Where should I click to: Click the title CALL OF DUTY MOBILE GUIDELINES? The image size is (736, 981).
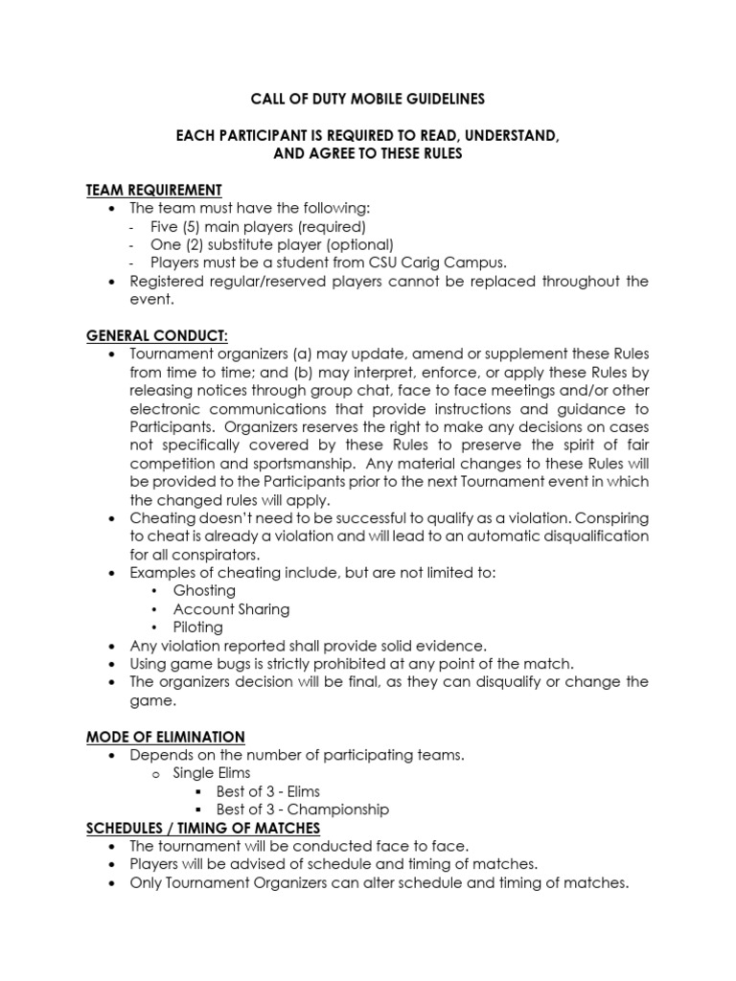coord(369,99)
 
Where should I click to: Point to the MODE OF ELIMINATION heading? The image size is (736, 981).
coord(166,737)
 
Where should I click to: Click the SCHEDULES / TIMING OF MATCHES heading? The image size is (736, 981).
coord(203,828)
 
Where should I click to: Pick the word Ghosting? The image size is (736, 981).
coord(204,591)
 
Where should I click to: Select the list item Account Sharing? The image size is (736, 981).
coord(231,609)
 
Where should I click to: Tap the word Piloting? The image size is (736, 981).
coord(197,627)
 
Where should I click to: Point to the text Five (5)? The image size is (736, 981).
coord(173,227)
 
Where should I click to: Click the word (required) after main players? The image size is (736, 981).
coord(332,227)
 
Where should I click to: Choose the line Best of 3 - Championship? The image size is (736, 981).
coord(303,810)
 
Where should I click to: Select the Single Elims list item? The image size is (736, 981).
coord(211,773)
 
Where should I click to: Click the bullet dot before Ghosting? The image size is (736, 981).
coord(156,591)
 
